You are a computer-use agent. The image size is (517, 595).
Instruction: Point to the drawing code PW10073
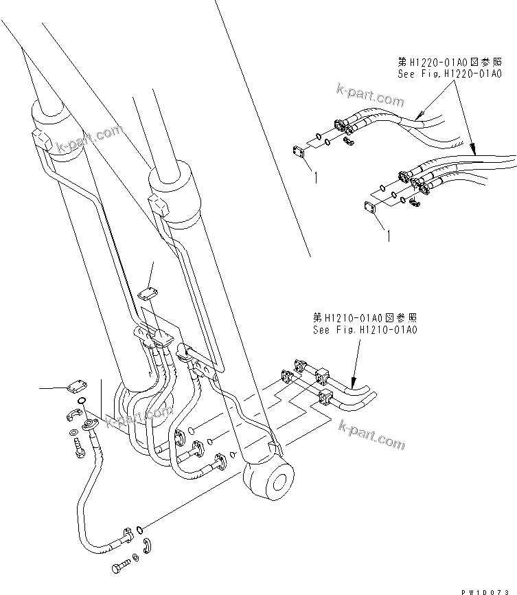coord(488,590)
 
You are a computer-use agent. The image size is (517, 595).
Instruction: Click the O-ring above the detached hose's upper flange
coord(82,401)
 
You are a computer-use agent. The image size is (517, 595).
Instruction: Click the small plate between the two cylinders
coord(145,293)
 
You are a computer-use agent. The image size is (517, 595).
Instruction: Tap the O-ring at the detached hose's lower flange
coord(140,529)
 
